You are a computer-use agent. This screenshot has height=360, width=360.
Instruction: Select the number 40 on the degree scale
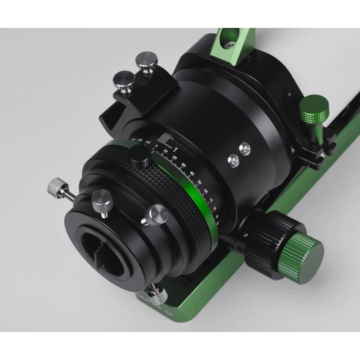click(x=192, y=173)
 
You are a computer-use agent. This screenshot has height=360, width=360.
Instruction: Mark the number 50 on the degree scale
click(x=200, y=183)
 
